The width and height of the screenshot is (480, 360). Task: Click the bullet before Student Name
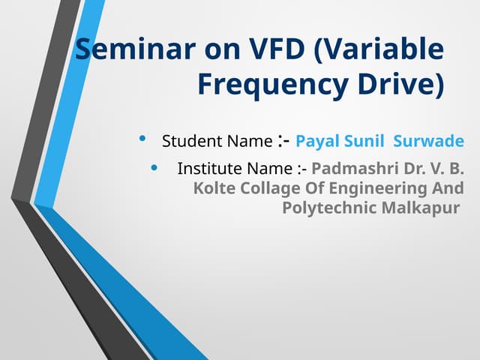click(143, 139)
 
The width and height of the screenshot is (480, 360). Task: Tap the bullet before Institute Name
click(155, 168)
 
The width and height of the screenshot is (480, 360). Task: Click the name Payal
click(316, 141)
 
